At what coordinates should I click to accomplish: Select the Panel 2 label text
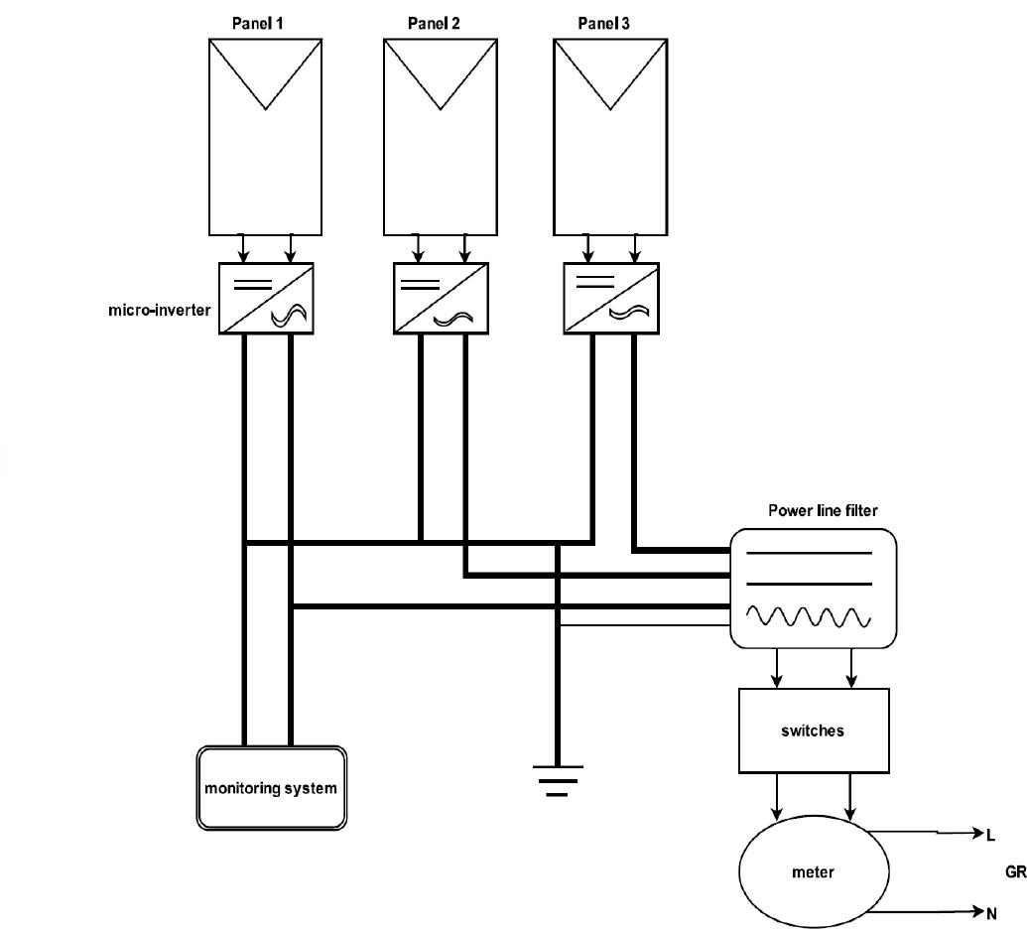tap(434, 23)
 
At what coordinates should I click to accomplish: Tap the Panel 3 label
tap(603, 23)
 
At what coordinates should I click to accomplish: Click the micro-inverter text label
tap(160, 310)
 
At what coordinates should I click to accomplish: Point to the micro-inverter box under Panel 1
tap(266, 298)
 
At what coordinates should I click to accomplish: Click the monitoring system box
tap(271, 788)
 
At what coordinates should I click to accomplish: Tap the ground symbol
tap(559, 778)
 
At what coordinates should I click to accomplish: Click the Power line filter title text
tap(823, 511)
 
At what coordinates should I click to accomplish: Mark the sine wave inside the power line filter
tap(809, 616)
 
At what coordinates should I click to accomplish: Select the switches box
tap(812, 731)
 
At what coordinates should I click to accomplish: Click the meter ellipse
tap(813, 872)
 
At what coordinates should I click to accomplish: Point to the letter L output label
tap(990, 836)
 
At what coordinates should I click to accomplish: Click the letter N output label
tap(990, 910)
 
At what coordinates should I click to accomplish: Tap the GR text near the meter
tap(1015, 872)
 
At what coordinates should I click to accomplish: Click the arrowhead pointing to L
tap(975, 835)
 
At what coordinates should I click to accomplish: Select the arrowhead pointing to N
tap(975, 910)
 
